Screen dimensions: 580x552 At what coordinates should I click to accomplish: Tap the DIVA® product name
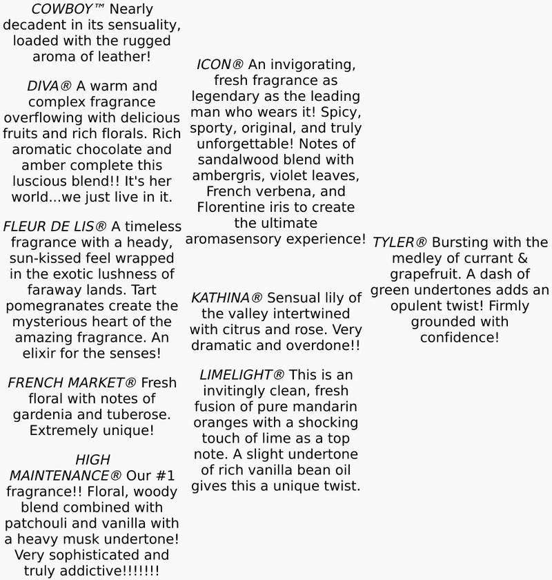[49, 86]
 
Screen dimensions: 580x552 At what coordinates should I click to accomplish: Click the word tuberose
[131, 414]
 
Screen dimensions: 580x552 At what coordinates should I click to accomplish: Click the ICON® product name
[219, 65]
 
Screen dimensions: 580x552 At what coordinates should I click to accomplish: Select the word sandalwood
[236, 160]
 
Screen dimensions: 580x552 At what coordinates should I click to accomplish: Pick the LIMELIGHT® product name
[241, 375]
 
